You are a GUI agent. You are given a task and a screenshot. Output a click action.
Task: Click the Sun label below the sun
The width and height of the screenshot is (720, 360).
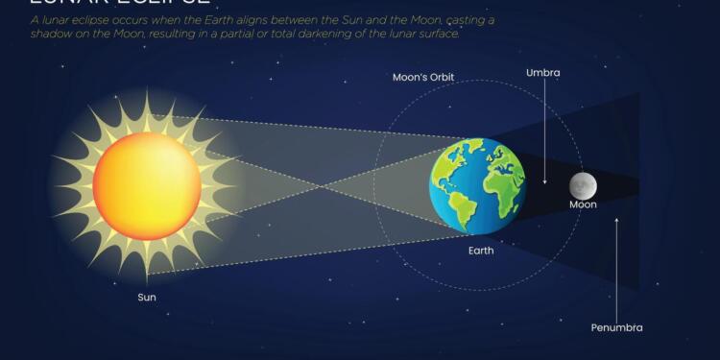[x=146, y=298]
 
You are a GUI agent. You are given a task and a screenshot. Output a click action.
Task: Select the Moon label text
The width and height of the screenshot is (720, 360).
[x=583, y=204]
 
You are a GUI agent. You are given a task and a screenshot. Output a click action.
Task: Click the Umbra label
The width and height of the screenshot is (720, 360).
[x=543, y=73]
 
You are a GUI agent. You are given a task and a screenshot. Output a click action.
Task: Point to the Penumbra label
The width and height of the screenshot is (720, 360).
[x=617, y=327]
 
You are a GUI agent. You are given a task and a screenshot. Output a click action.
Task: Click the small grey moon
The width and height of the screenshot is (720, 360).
[x=583, y=183]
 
